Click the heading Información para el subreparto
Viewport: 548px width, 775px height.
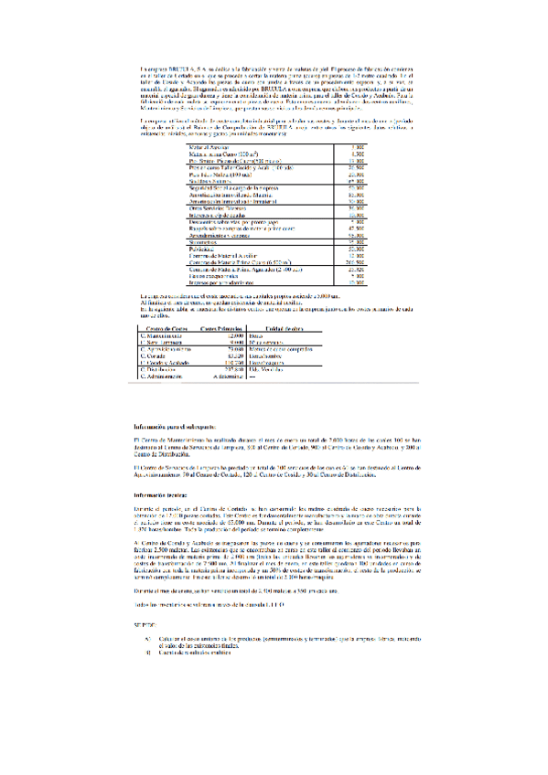[x=175, y=427]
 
